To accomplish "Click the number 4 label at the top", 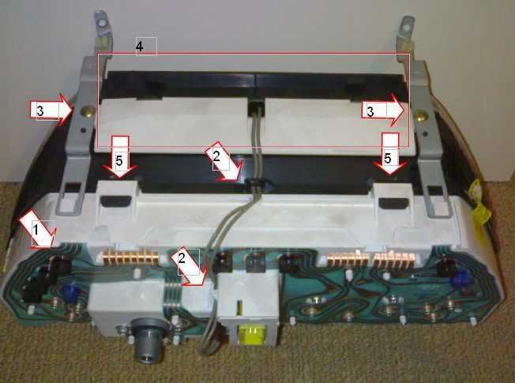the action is click(x=140, y=47).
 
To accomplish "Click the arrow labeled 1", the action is click(x=38, y=230).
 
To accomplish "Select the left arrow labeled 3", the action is click(x=51, y=109).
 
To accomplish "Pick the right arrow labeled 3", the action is click(x=383, y=110).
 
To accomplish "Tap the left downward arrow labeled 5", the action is click(x=120, y=157).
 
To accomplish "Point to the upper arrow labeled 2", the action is click(x=224, y=162).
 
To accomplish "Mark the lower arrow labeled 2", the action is click(x=189, y=266).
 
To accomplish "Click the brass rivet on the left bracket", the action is click(x=88, y=111).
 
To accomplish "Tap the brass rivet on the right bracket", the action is click(x=421, y=115).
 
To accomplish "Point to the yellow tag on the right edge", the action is click(x=480, y=203).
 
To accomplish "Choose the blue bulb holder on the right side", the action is click(x=459, y=279).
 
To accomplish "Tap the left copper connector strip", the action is click(x=129, y=256).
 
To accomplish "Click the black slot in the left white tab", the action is click(x=115, y=201).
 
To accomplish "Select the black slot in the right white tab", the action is click(x=394, y=203).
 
